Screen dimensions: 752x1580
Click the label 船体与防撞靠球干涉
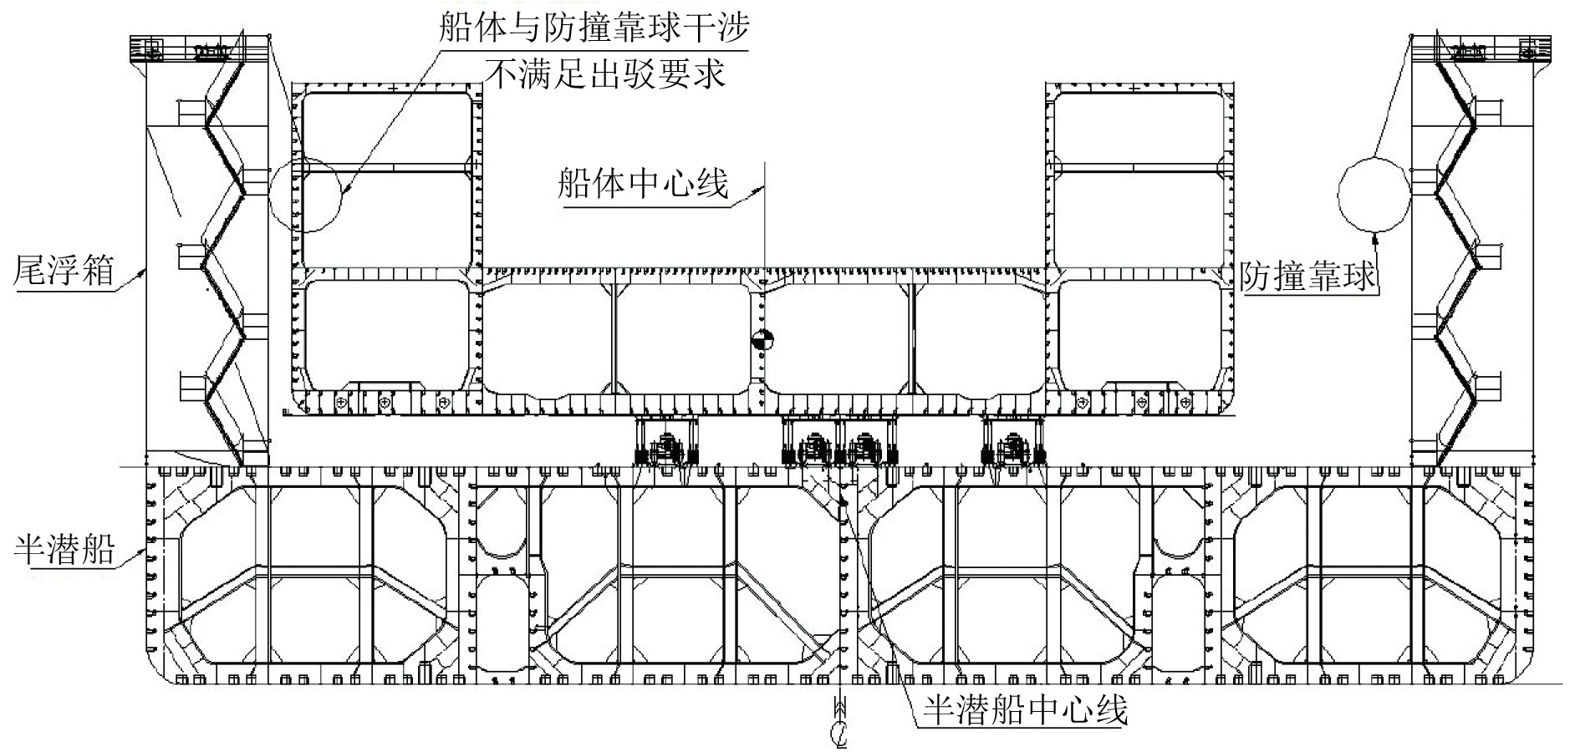click(593, 28)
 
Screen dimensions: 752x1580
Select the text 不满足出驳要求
click(605, 74)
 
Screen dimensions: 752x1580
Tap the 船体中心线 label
click(644, 183)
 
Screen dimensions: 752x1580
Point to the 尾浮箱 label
click(64, 271)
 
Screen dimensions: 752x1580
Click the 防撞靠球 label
click(1308, 276)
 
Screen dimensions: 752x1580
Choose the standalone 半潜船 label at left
click(64, 549)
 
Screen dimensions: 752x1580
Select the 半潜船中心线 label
click(1025, 709)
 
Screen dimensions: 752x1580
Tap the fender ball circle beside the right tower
click(1374, 193)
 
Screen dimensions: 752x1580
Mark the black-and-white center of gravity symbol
click(762, 340)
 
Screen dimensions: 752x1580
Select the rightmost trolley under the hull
click(1014, 443)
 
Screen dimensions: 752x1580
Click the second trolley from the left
click(813, 443)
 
